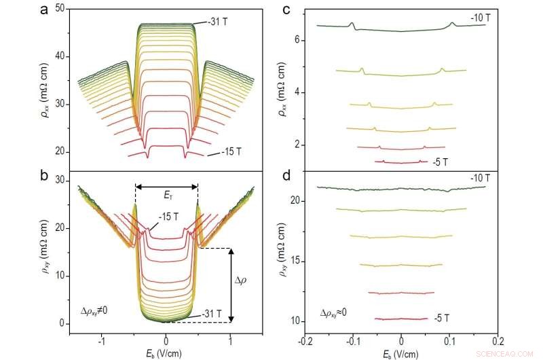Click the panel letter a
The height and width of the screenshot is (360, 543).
[x=44, y=10]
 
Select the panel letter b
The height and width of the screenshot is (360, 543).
[x=44, y=179]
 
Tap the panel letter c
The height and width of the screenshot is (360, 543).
[x=287, y=10]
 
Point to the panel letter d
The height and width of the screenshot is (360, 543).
[x=287, y=179]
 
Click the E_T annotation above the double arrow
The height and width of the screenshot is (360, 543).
[x=166, y=194]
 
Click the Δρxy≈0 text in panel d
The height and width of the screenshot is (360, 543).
[x=339, y=313]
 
